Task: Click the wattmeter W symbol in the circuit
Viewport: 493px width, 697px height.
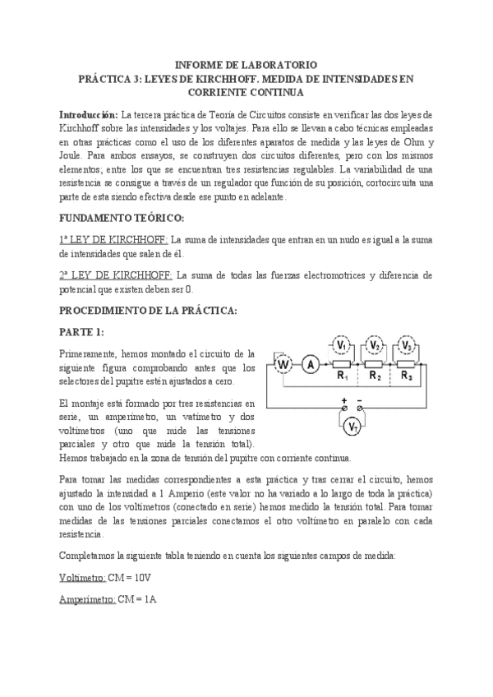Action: (x=283, y=365)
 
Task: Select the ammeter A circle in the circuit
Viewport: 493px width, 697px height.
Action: (x=311, y=365)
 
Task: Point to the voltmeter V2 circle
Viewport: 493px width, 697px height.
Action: (x=374, y=346)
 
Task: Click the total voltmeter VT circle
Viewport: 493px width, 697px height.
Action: (x=351, y=426)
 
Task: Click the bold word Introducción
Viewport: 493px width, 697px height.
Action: (x=89, y=114)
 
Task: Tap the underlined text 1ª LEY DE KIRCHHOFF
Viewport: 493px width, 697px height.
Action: (x=113, y=239)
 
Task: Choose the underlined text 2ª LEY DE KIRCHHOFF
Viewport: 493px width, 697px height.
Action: (x=113, y=275)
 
